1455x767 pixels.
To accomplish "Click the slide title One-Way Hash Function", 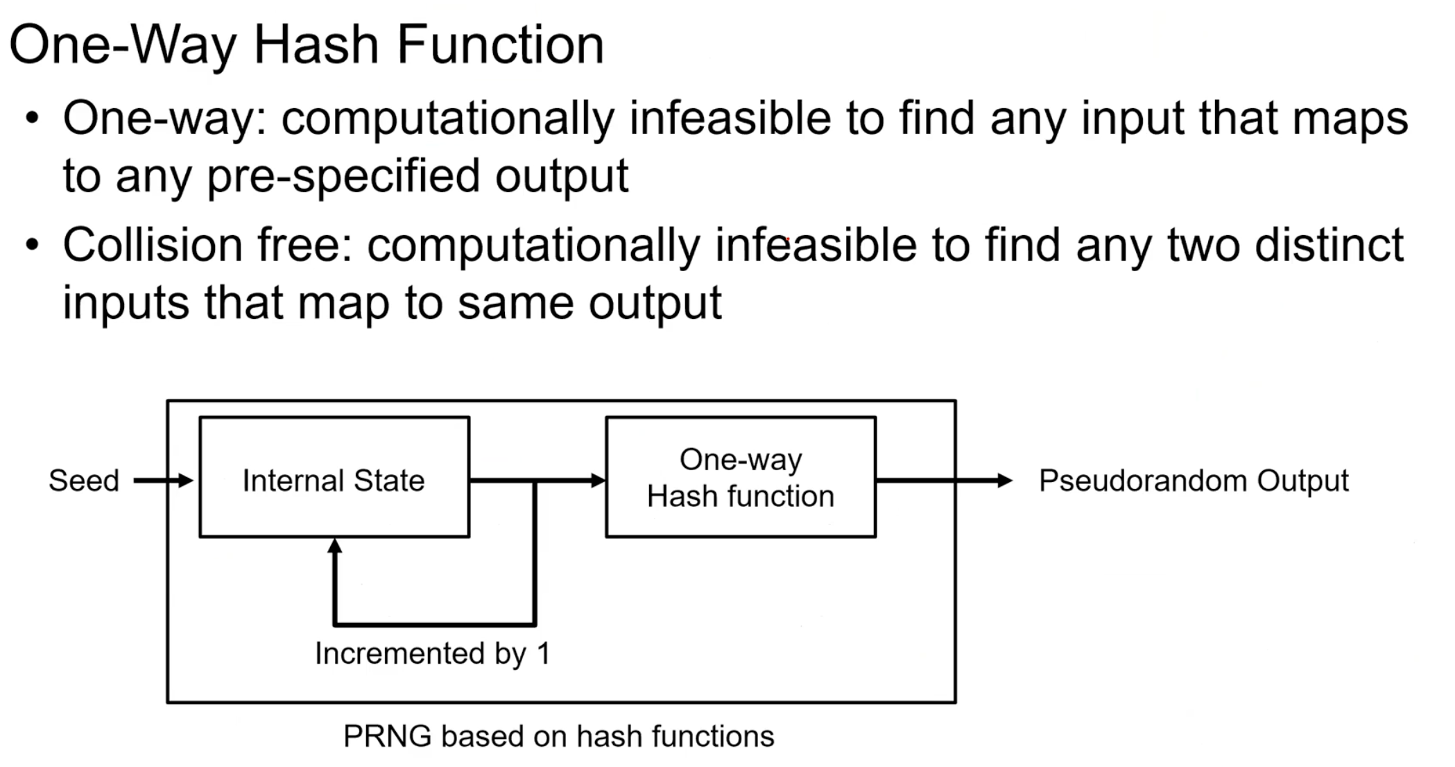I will (x=306, y=45).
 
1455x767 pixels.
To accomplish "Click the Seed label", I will (x=84, y=481).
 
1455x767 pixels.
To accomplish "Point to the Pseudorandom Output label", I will (x=1193, y=481).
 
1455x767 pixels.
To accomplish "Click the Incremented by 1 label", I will (x=432, y=653).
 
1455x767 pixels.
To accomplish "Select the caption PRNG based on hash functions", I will (x=558, y=736).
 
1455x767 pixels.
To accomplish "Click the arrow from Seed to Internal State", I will (x=163, y=481).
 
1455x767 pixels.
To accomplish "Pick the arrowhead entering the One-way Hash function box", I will (x=597, y=480).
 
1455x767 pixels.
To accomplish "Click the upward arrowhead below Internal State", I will (x=335, y=546).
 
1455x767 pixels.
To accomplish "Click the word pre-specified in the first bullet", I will (x=343, y=176).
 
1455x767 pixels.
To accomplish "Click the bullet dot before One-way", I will (x=32, y=118).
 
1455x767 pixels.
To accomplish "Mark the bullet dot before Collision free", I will (x=32, y=245).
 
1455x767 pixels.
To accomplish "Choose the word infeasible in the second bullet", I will (x=816, y=245).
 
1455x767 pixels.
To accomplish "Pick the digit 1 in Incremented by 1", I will (x=543, y=653).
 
